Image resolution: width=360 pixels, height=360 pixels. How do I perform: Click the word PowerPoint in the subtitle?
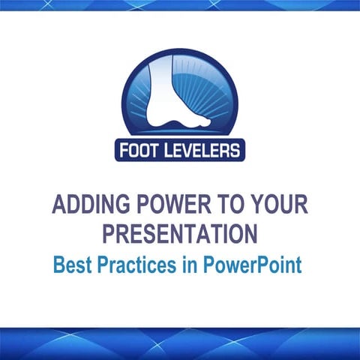pos(247,265)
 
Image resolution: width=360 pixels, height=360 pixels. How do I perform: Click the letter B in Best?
pos(57,265)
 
